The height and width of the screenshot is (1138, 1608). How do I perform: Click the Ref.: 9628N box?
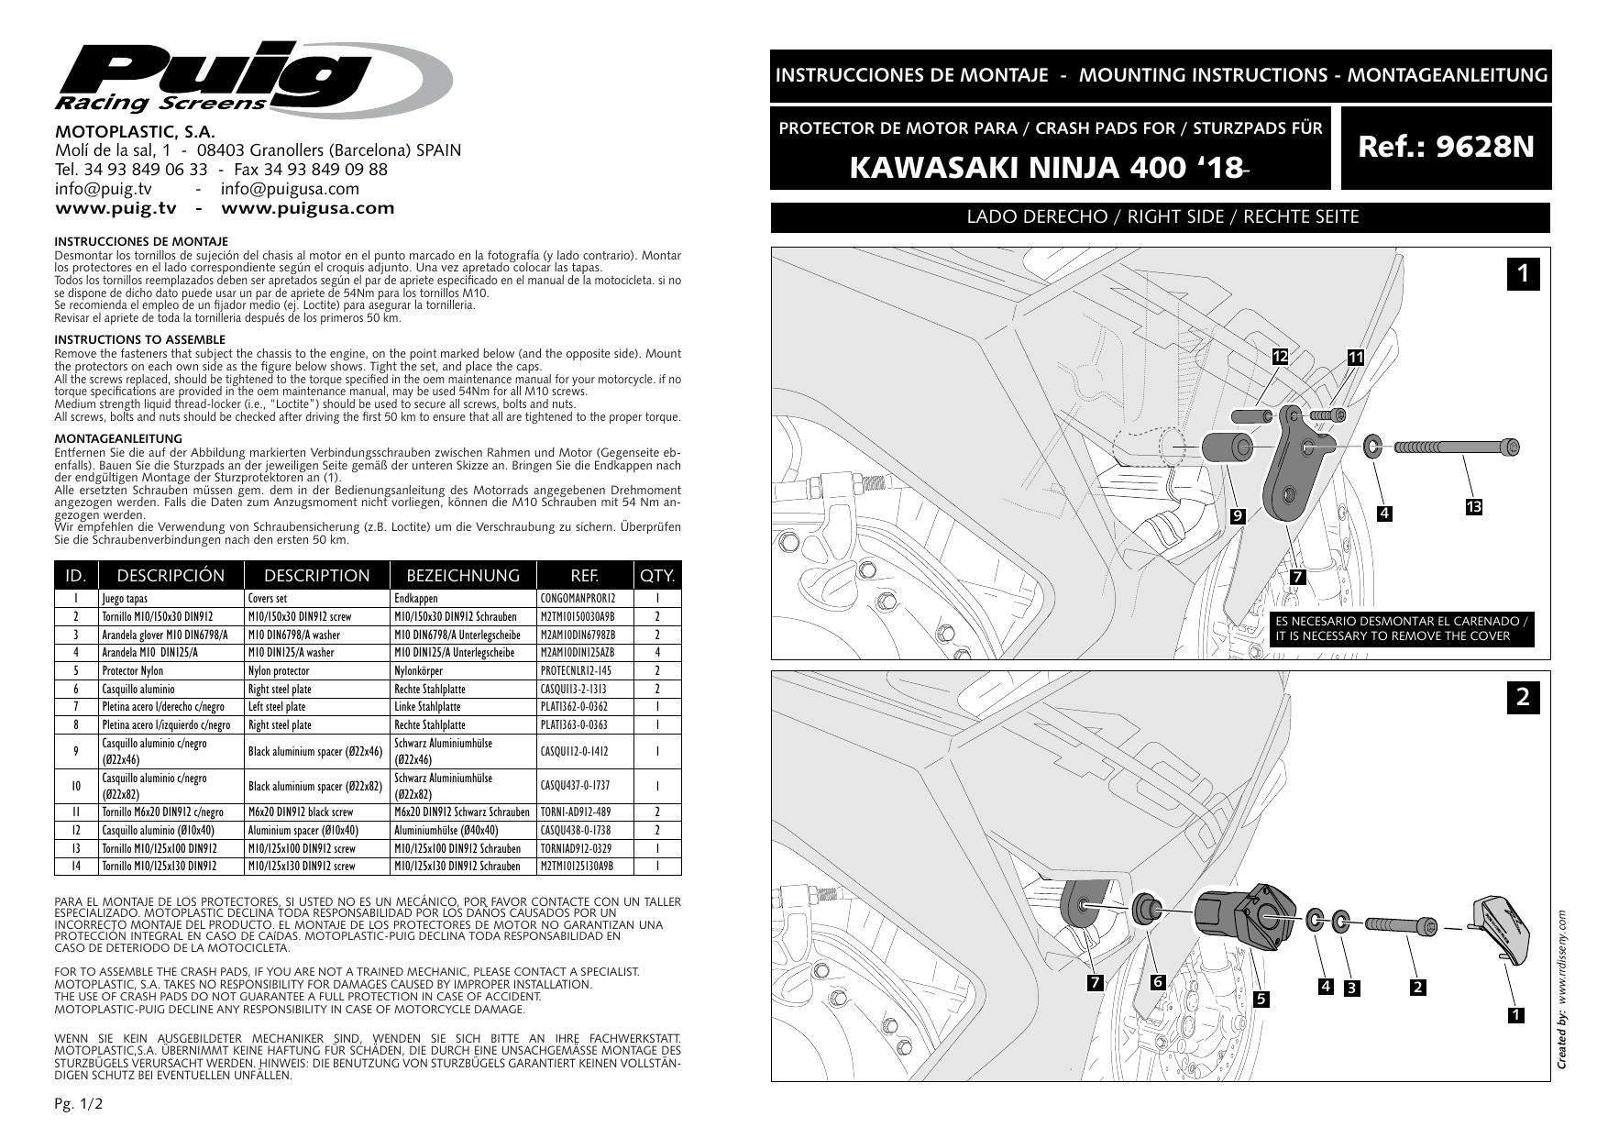tap(1446, 148)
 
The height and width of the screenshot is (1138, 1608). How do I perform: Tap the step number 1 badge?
tap(1523, 273)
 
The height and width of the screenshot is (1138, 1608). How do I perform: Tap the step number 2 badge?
tap(1523, 697)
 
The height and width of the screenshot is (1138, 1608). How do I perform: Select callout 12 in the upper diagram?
tap(1281, 357)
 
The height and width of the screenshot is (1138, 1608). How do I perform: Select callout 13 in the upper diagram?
tap(1473, 507)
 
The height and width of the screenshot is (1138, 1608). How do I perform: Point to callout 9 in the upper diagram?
tap(1238, 516)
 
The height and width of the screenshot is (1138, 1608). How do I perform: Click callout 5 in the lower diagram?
tap(1261, 999)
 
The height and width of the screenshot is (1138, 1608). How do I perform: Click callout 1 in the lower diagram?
tap(1515, 1014)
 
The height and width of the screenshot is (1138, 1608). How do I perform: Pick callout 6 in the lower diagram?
tap(1158, 981)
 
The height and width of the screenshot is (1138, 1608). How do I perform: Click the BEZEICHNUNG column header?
tap(462, 576)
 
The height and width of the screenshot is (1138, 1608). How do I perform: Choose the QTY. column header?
tap(657, 576)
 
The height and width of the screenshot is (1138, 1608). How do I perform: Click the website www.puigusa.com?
tap(308, 208)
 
